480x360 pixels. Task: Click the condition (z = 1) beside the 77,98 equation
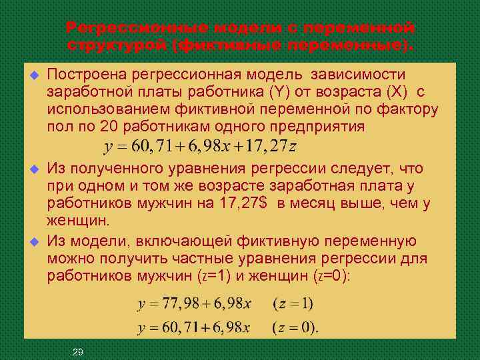pos(293,304)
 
